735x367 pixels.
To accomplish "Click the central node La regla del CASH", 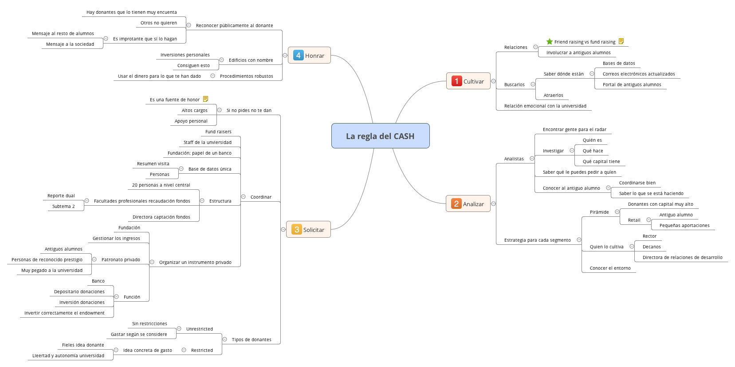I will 380,136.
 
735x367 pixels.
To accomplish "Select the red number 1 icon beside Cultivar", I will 456,81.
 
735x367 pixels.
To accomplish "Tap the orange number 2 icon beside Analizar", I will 456,204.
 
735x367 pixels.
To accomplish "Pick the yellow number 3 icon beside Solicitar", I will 296,230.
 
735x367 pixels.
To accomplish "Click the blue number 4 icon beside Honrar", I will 298,56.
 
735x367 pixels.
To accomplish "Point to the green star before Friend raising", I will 550,42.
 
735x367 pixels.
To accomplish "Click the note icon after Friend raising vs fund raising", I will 621,41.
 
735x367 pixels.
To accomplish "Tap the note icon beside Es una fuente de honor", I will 205,99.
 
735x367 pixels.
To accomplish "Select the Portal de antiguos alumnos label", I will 632,85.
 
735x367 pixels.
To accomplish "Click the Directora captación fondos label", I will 161,217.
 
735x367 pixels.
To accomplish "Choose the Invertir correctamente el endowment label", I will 64,313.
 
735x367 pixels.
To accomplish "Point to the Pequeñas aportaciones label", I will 684,226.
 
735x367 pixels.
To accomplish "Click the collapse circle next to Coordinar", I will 243,197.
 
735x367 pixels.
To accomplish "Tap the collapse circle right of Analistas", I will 532,159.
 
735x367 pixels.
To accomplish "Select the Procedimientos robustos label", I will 246,76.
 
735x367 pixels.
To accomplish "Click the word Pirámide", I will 599,212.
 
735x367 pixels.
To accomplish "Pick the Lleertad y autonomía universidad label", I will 68,356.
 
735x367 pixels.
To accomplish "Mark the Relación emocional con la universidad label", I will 545,106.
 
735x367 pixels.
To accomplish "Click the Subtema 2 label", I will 63,207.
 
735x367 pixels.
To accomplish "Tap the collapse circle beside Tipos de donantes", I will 224,339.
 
